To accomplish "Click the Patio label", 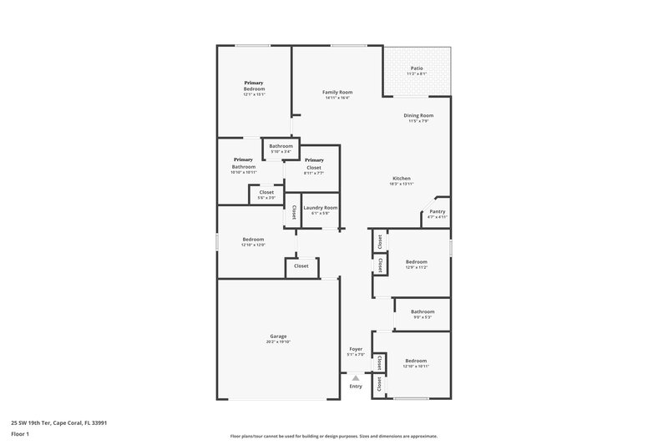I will click(x=416, y=68).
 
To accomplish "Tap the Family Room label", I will click(x=337, y=92).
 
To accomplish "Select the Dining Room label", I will click(x=418, y=115).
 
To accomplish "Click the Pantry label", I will click(x=437, y=211).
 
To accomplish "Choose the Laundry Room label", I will click(x=320, y=207).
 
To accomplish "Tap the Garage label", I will click(x=278, y=336).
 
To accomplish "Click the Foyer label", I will click(x=355, y=350).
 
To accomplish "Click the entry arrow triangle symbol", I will click(x=355, y=378).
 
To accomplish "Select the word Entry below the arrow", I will click(x=356, y=386).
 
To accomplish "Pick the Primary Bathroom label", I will click(x=243, y=164).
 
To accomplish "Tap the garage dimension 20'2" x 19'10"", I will click(x=278, y=342).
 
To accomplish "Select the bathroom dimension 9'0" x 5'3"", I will click(x=423, y=317).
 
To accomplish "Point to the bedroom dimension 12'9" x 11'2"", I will click(x=416, y=267).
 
